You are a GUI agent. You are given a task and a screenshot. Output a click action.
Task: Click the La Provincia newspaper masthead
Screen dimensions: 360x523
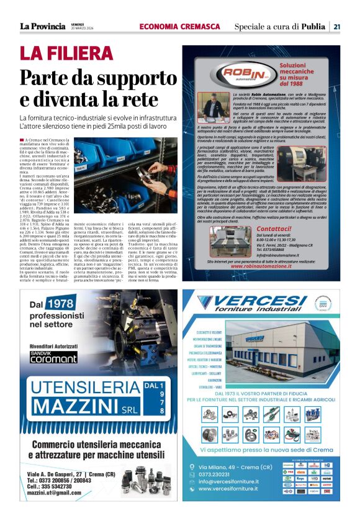click(x=42, y=26)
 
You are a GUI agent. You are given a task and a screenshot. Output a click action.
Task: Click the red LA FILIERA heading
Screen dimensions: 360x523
click(x=66, y=53)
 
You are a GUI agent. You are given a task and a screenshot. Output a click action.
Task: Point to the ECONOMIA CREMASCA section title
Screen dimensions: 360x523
click(x=180, y=26)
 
